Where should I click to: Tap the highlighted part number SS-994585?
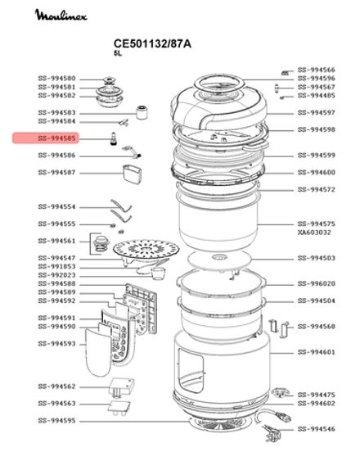56,140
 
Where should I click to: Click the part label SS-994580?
56,79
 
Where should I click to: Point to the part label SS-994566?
316,70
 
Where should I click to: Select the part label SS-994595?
56,421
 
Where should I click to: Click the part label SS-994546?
316,428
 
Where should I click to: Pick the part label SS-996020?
316,283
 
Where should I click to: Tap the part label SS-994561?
56,242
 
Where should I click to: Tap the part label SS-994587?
56,173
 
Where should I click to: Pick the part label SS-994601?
316,352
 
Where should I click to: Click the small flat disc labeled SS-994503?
218,260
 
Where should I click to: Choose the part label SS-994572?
316,189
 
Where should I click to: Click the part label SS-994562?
56,386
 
